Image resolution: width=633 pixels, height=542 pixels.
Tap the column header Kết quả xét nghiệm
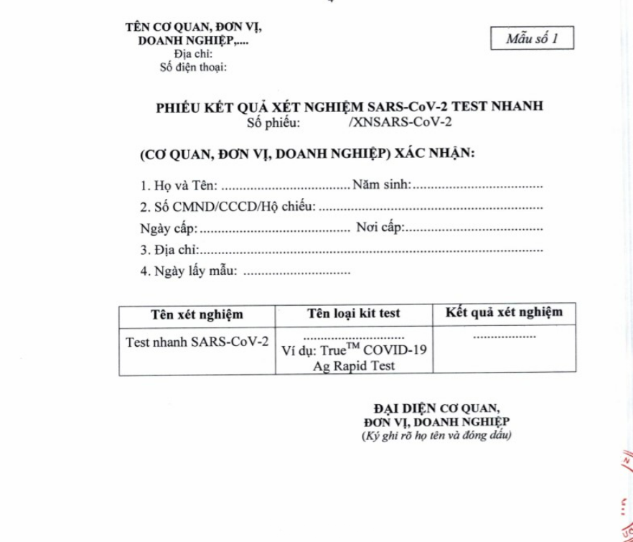[505, 312]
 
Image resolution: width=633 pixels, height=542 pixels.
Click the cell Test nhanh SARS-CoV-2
[196, 341]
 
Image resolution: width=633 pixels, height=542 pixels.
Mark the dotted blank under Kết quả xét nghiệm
[505, 336]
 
